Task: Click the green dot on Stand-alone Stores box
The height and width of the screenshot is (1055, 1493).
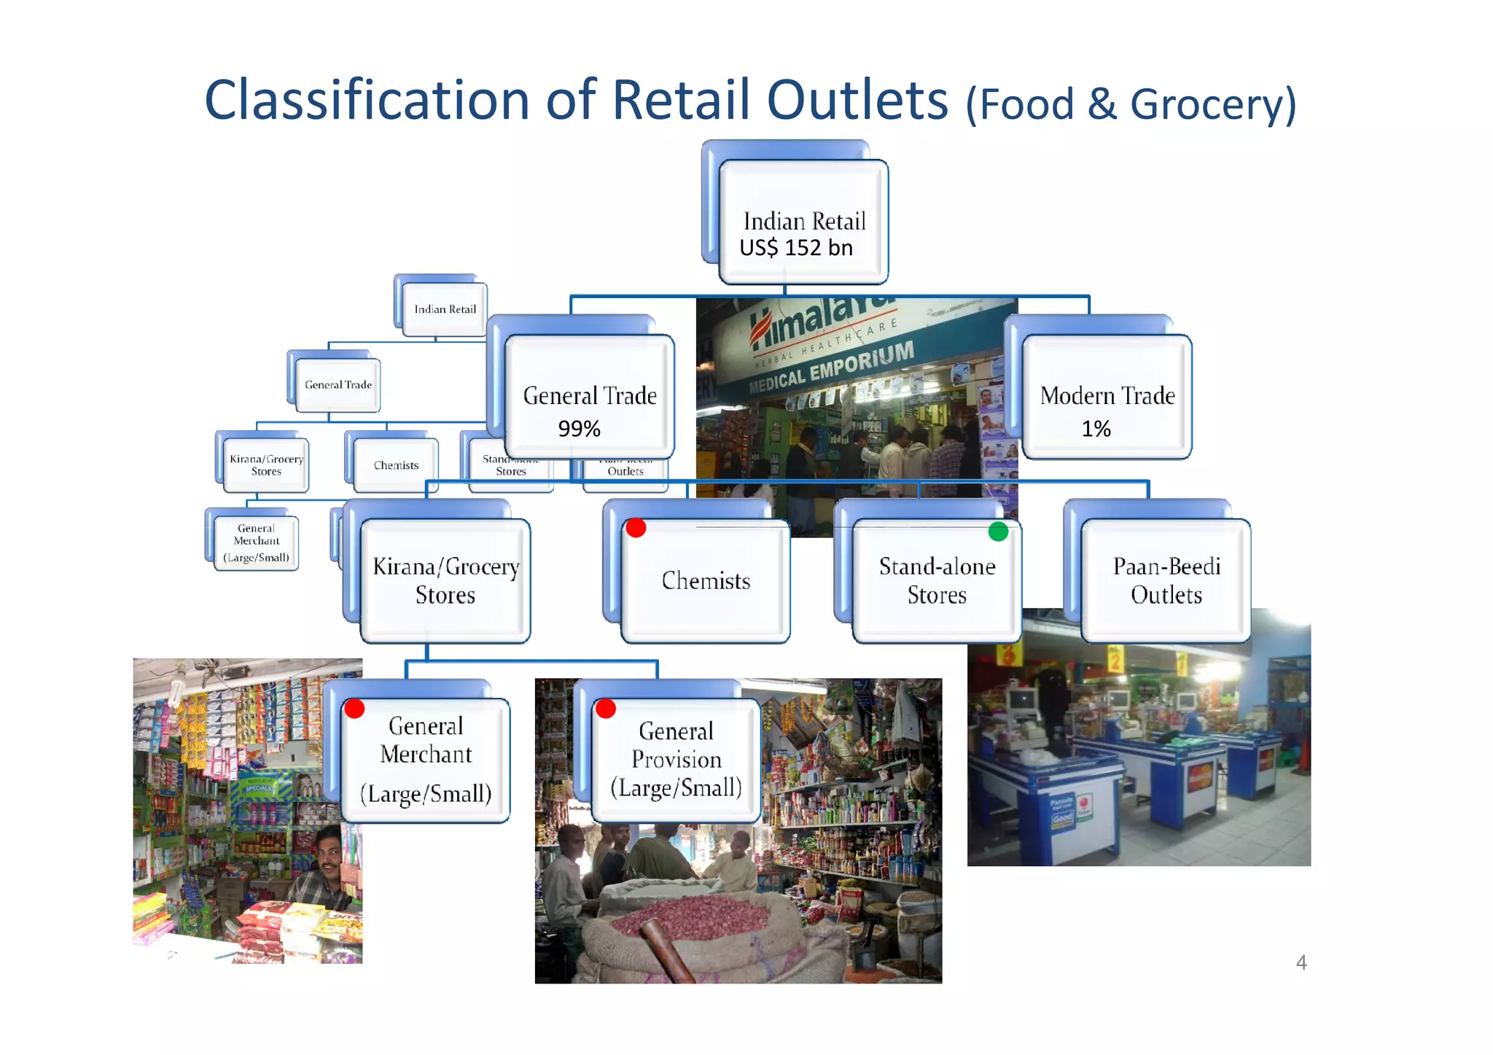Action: [998, 532]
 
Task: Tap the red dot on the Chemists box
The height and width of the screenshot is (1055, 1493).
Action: [636, 527]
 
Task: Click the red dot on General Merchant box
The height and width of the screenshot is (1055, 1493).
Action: [354, 708]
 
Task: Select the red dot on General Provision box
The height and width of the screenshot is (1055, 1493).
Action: [606, 708]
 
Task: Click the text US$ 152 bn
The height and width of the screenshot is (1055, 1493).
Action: [796, 248]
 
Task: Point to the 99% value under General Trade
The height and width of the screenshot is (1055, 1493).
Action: [579, 429]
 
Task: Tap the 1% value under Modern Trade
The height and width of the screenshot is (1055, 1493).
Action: [1096, 429]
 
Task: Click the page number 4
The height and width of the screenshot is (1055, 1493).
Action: [1301, 962]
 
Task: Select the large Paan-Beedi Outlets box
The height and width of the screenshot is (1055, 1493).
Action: [1166, 580]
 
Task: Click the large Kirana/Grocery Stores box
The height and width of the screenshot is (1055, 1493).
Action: [445, 580]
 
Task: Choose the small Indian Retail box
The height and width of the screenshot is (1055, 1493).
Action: [445, 309]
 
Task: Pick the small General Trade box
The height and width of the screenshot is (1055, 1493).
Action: [338, 385]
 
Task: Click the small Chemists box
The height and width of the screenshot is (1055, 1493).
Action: [396, 465]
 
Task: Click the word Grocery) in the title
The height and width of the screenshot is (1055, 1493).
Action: [1213, 104]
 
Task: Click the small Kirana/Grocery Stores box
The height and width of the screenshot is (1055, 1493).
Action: [266, 465]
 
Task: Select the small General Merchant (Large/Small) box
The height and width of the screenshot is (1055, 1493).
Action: [256, 543]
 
